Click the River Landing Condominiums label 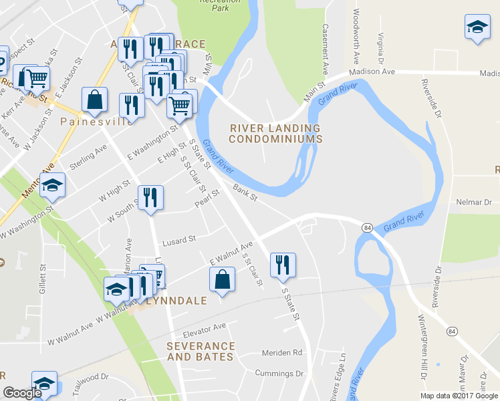pyautogui.click(x=275, y=134)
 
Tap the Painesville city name pyautogui.click(x=96, y=122)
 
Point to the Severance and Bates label pyautogui.click(x=201, y=352)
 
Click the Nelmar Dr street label pyautogui.click(x=473, y=201)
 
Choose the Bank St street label pyautogui.click(x=245, y=192)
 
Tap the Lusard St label pyautogui.click(x=178, y=239)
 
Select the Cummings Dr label pyautogui.click(x=279, y=373)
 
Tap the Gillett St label pyautogui.click(x=42, y=279)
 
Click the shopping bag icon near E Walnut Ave pyautogui.click(x=223, y=279)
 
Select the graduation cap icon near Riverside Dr pyautogui.click(x=477, y=27)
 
